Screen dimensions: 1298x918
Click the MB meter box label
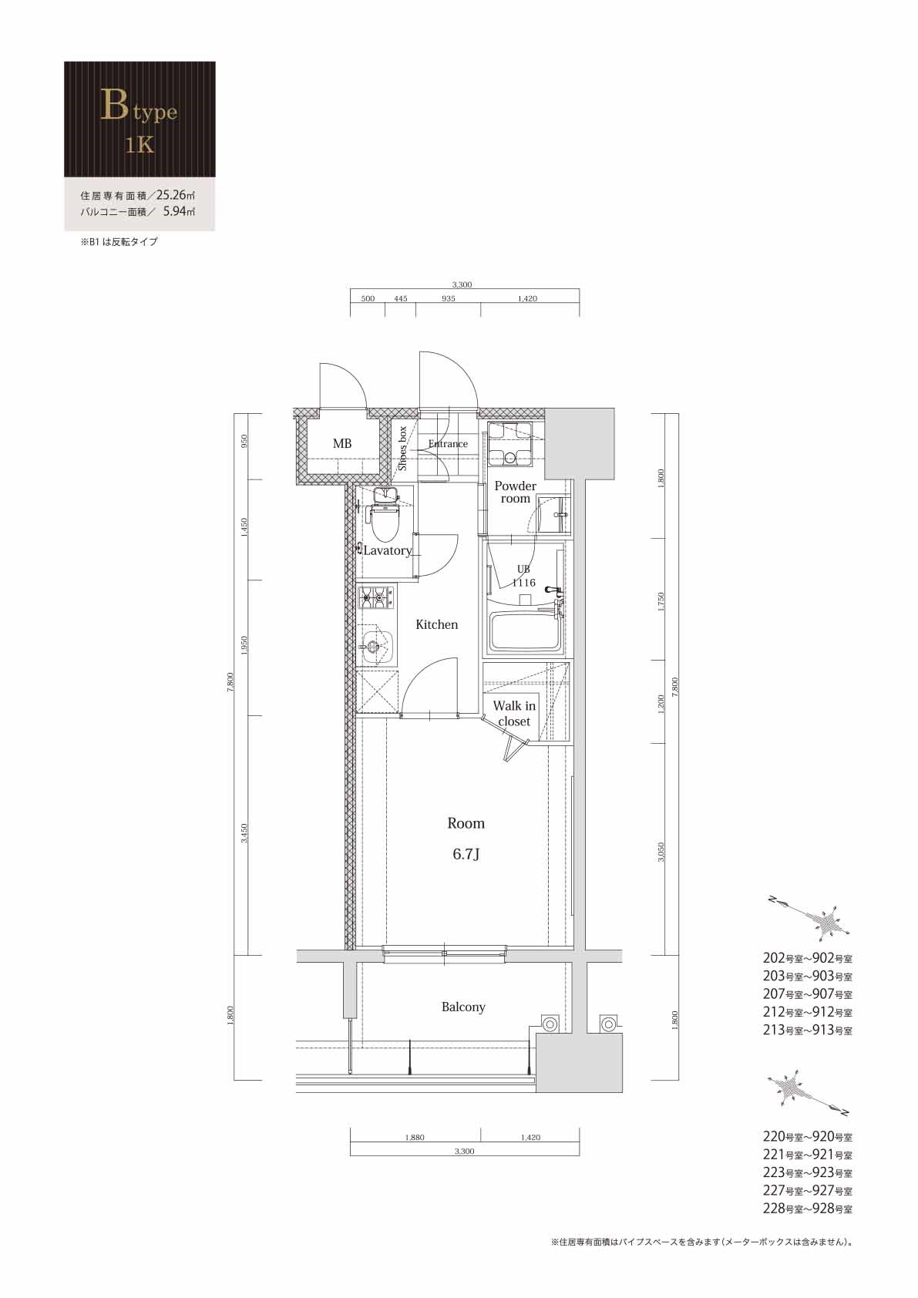point(342,444)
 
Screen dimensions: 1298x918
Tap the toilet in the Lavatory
point(383,524)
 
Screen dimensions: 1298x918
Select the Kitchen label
point(436,624)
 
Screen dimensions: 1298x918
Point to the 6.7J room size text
point(466,854)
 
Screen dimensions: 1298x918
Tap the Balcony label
point(463,1007)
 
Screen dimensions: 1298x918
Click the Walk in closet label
point(514,714)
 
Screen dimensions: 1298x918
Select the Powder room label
point(515,492)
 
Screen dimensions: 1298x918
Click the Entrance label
point(448,444)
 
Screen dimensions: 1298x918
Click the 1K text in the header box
point(140,145)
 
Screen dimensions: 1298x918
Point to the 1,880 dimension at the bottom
point(415,1137)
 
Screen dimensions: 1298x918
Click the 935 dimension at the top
point(448,298)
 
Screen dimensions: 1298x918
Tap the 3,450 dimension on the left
point(244,832)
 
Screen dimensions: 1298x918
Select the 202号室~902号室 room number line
point(807,959)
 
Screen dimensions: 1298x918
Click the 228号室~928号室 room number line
point(807,1209)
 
